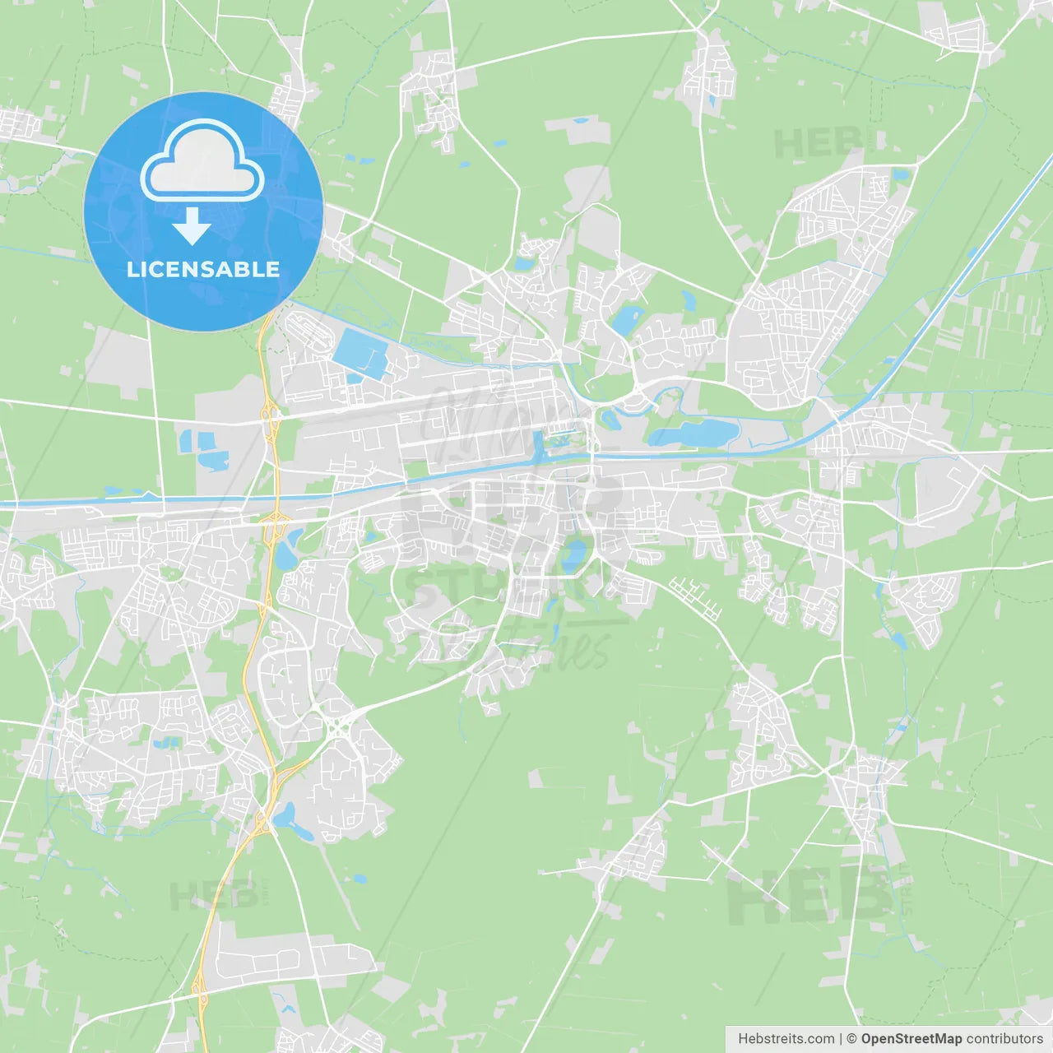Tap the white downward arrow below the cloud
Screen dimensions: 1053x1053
pos(193,226)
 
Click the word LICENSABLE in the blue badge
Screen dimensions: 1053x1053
pos(203,269)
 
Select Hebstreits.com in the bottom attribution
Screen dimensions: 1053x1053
pos(786,1039)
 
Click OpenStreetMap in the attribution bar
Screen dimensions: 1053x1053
pos(912,1039)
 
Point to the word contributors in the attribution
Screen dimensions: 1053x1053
pos(1005,1039)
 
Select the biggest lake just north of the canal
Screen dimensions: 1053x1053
pos(696,432)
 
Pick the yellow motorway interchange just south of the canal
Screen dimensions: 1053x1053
pos(272,519)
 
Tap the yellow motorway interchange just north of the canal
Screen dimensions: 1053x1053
pos(269,411)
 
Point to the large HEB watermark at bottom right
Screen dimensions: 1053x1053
pos(810,897)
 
